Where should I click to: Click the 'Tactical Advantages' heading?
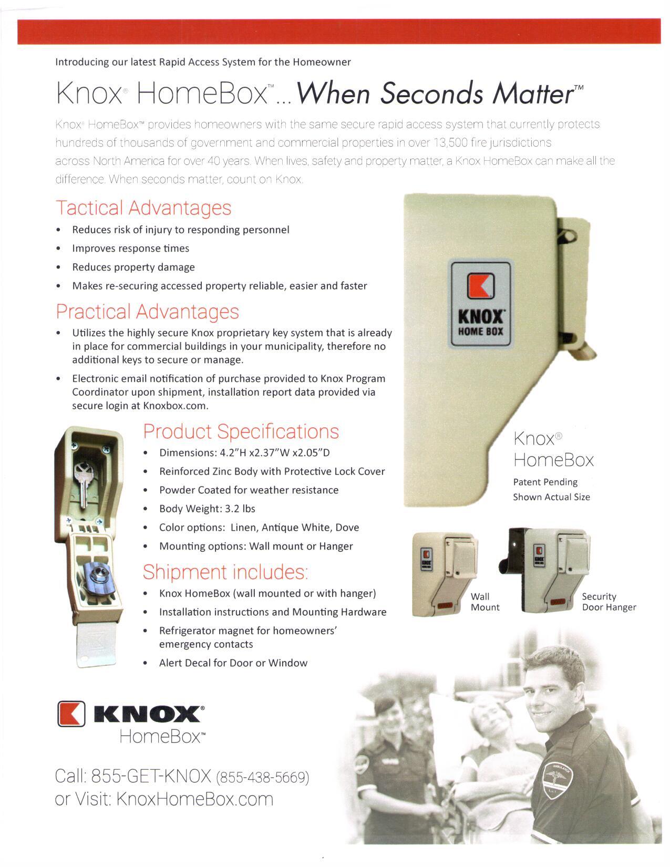143,208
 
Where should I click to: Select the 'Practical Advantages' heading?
147,312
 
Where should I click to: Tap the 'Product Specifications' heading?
241,431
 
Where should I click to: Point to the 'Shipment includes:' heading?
225,572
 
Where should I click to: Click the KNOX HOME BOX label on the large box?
480,304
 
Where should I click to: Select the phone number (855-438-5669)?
262,777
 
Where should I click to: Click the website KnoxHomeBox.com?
194,799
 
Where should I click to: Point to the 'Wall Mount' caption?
485,602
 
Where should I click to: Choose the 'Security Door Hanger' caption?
609,602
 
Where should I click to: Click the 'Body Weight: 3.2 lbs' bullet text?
207,509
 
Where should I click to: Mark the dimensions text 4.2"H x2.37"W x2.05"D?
244,453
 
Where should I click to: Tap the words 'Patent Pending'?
545,482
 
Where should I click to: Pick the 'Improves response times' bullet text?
130,249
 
